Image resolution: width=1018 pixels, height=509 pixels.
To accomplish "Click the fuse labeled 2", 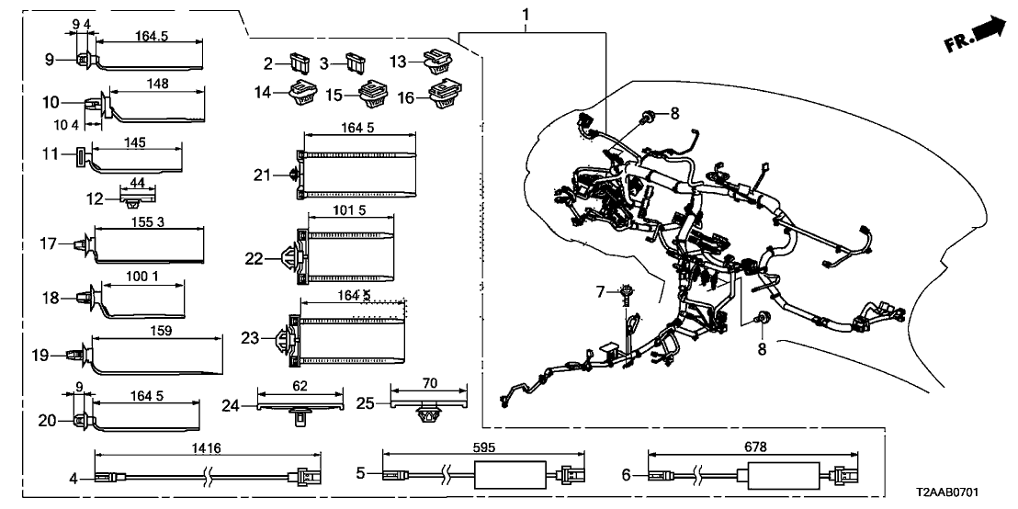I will [296, 65].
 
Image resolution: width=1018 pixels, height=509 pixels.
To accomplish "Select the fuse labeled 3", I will [354, 65].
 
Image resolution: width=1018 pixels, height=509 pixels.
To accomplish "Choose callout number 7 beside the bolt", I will [600, 292].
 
